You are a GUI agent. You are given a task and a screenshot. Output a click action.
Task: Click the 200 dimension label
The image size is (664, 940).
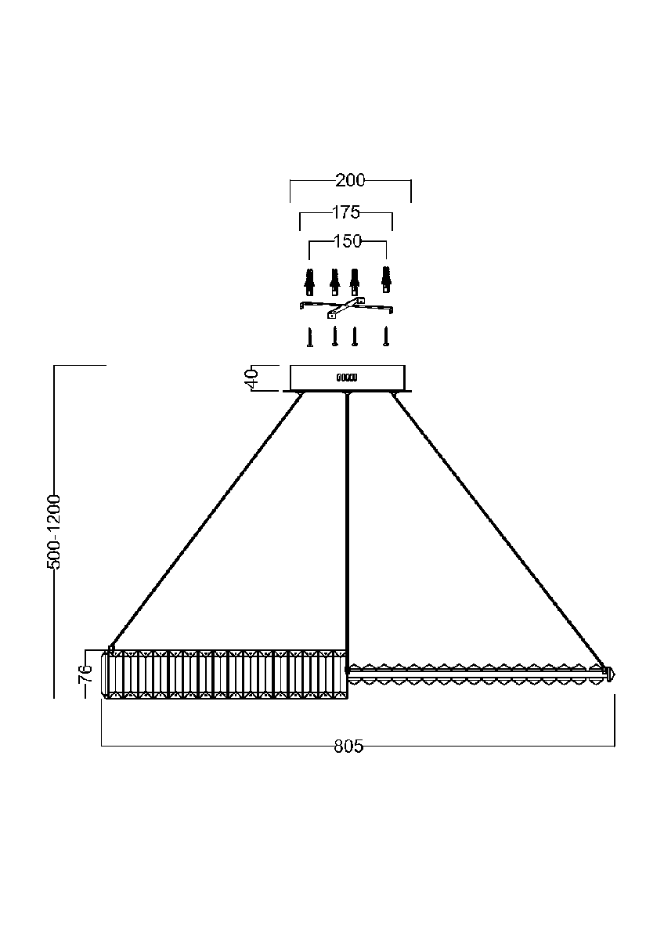[350, 180]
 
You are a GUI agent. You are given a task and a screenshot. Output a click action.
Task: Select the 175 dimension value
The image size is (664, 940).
[345, 212]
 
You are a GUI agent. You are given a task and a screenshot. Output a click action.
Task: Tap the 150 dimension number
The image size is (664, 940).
[348, 241]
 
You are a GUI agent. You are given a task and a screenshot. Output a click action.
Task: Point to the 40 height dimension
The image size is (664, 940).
[252, 379]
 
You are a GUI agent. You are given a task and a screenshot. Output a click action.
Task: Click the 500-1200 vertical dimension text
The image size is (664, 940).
[54, 532]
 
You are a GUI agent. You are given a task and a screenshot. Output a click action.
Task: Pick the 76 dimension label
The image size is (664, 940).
[85, 674]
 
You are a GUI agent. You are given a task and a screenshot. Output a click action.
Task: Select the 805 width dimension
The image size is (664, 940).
[348, 747]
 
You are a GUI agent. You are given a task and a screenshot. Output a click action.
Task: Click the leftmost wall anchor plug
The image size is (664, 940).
[309, 281]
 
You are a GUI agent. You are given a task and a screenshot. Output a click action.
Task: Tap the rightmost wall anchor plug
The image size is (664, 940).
[386, 279]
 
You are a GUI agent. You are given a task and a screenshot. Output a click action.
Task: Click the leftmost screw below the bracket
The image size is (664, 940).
[310, 337]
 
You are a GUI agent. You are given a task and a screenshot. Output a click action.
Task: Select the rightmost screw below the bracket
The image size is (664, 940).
[386, 336]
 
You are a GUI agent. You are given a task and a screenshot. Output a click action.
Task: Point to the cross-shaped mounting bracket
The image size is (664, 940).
[346, 308]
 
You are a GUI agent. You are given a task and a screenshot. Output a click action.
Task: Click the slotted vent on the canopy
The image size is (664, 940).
[347, 378]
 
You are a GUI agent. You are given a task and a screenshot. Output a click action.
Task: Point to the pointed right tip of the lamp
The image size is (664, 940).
[615, 674]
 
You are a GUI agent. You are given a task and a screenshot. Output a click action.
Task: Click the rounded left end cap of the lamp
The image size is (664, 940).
[105, 675]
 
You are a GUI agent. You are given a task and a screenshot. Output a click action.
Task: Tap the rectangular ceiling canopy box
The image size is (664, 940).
[348, 378]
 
